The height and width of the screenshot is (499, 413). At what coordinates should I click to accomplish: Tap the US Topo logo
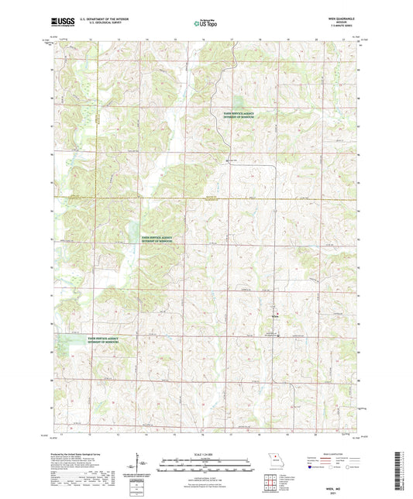tap(206, 24)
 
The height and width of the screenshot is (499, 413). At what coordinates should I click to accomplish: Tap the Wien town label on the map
tap(276, 315)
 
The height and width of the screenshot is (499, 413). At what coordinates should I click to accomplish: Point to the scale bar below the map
tap(206, 467)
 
